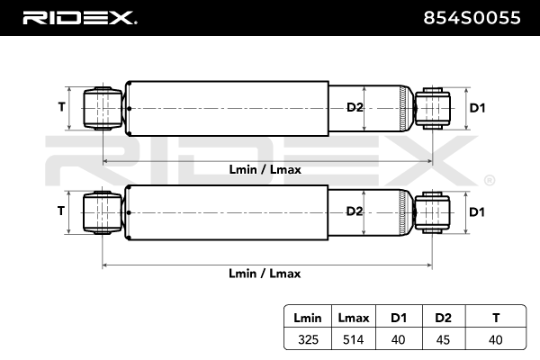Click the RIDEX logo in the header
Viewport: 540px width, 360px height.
coord(79,17)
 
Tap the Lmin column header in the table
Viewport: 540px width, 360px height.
coord(307,317)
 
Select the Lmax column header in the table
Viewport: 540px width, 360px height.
coord(352,317)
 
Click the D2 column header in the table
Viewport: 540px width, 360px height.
coord(442,317)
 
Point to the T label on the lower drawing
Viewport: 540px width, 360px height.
coord(61,211)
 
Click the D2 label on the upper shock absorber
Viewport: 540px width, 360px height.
coord(355,108)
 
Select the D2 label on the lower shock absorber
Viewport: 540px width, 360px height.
coord(355,211)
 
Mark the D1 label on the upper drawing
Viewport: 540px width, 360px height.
coord(477,108)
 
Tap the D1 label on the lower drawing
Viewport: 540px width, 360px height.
coord(477,211)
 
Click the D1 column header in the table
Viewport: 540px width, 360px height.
coord(397,317)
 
